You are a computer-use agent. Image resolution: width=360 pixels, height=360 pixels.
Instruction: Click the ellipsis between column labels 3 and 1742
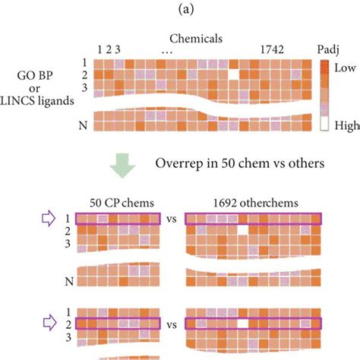[167, 51]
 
